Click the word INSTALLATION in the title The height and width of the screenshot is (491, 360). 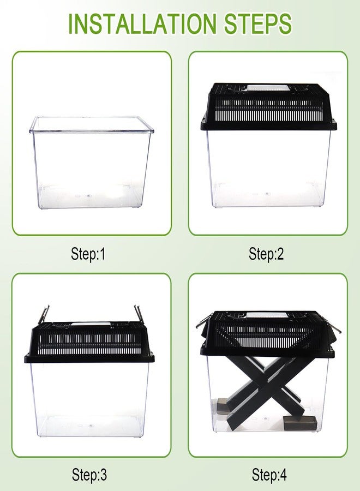click(142, 23)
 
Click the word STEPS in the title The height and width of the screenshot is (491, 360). click(258, 23)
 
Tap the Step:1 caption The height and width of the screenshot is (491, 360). click(88, 254)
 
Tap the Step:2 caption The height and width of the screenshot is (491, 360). click(266, 254)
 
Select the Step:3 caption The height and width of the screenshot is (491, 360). click(89, 475)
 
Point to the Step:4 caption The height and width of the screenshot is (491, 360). click(269, 475)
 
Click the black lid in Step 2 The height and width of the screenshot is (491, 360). click(268, 107)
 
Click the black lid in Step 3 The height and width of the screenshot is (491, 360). click(89, 342)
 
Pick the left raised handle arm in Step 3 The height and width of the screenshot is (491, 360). click(43, 314)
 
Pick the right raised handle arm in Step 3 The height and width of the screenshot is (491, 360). click(138, 314)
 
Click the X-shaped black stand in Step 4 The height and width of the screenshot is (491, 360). click(268, 391)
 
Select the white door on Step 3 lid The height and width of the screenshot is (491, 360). click(91, 324)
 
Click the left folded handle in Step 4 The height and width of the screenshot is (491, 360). click(203, 321)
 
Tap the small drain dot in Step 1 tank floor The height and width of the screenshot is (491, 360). click(88, 196)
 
